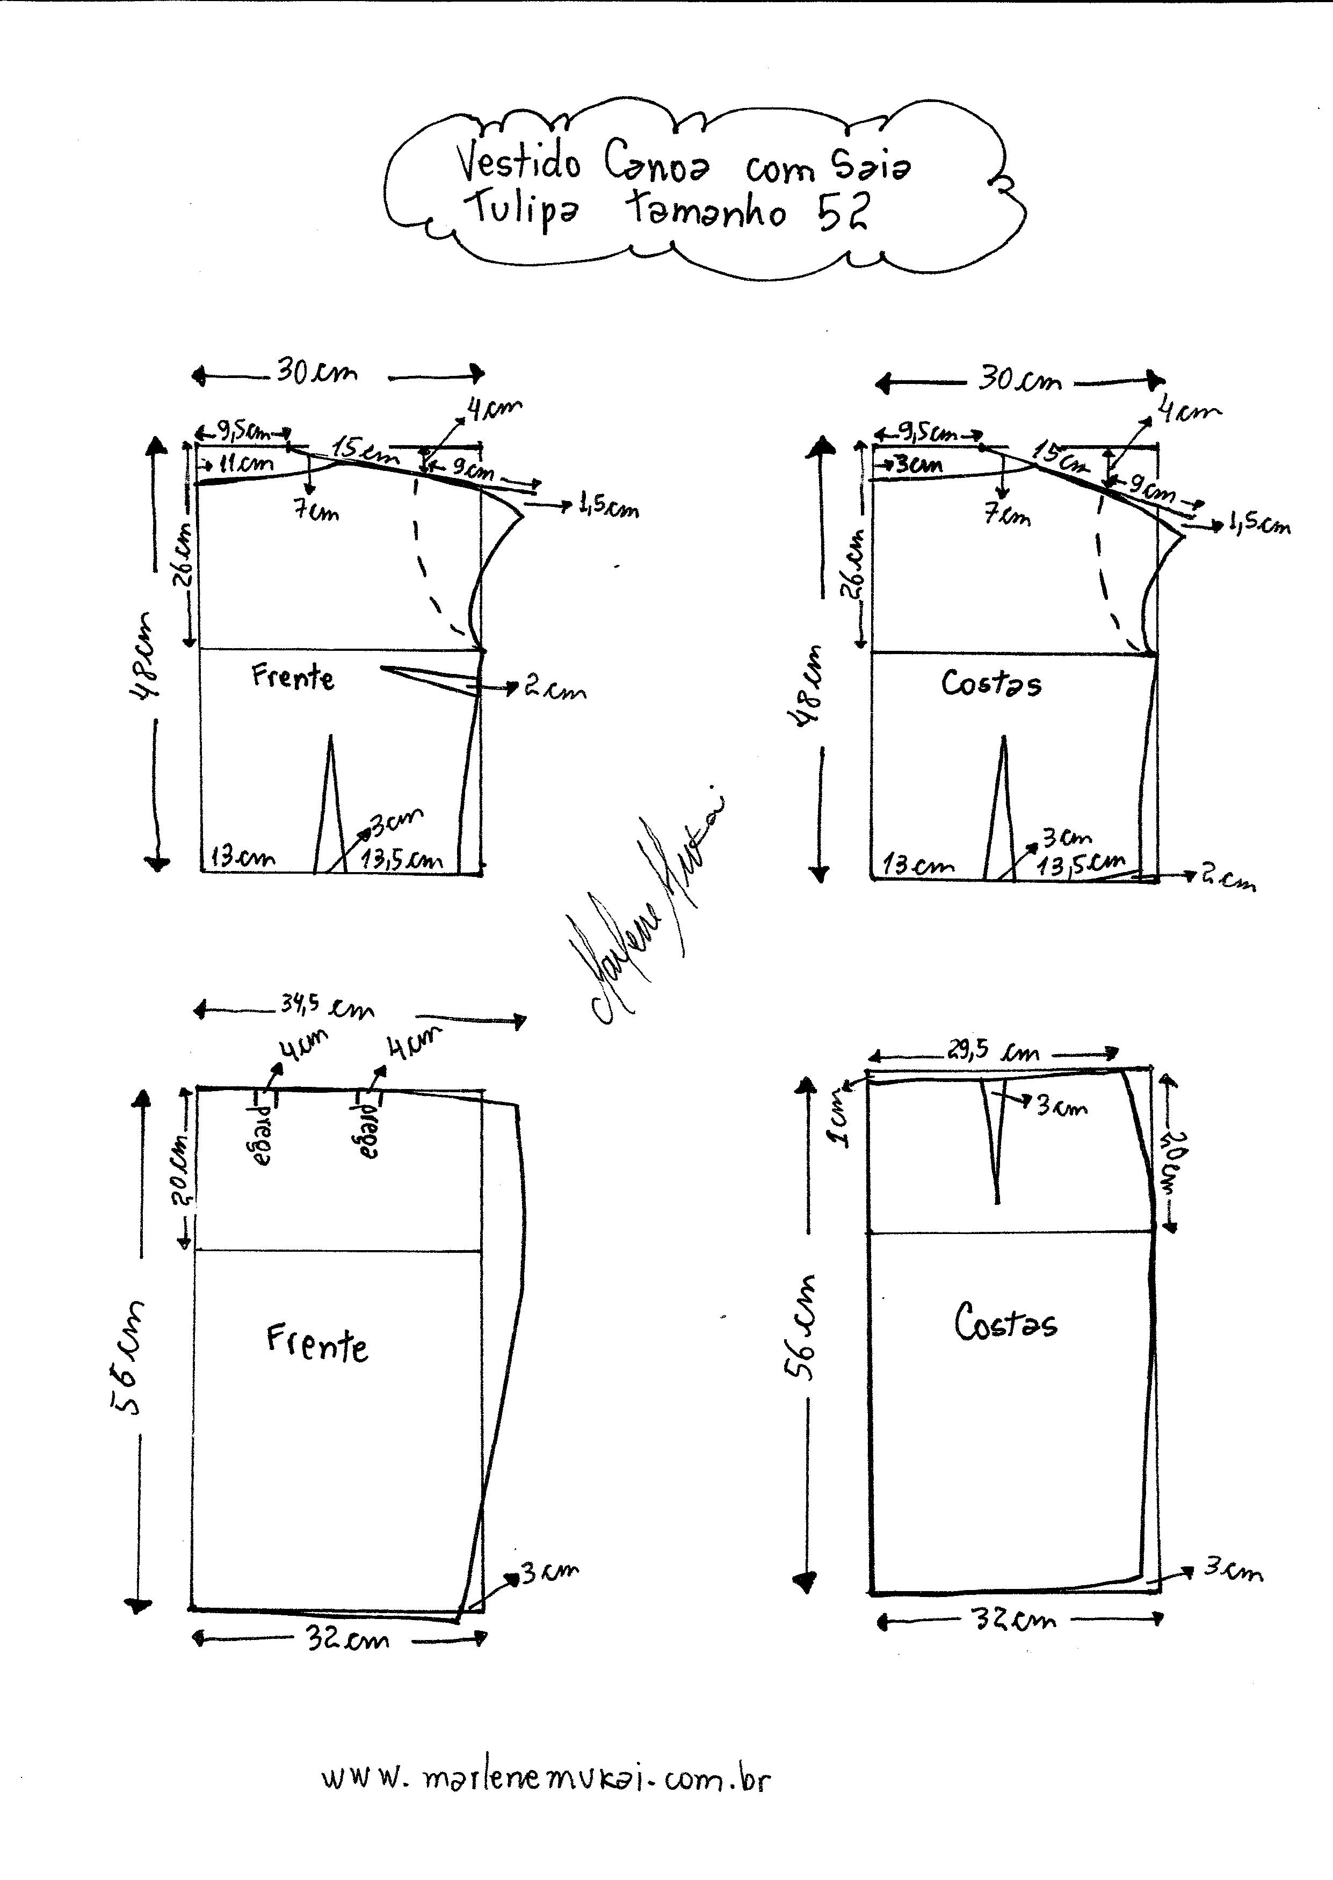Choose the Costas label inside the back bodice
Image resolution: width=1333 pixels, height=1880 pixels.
[x=991, y=684]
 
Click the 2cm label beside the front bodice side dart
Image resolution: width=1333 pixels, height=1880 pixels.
[x=556, y=688]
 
